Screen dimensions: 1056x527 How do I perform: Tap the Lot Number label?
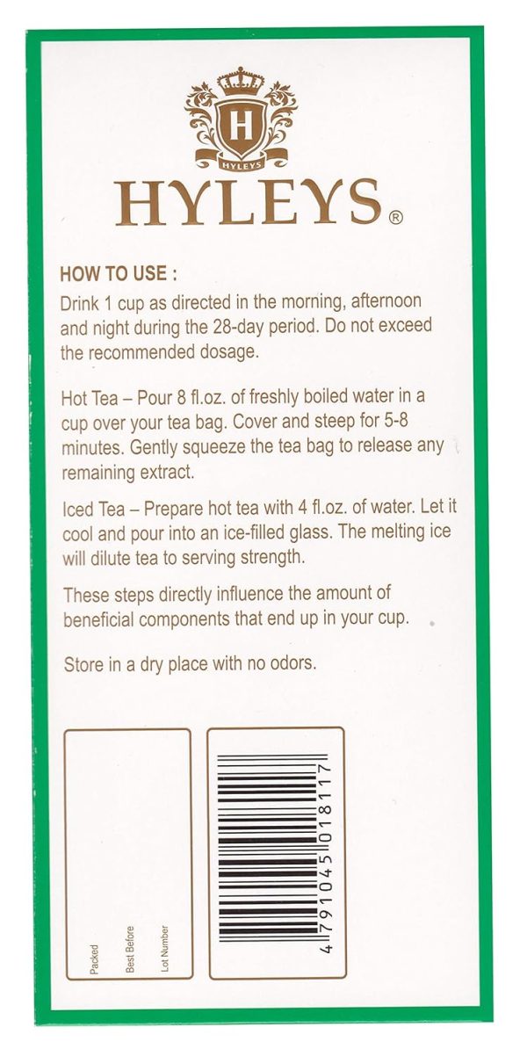pos(165,947)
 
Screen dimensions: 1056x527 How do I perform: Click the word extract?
pos(175,471)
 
